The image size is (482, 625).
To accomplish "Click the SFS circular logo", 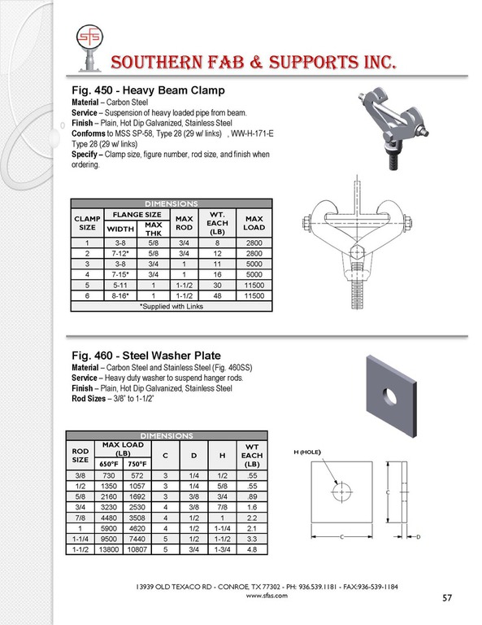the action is (x=89, y=37).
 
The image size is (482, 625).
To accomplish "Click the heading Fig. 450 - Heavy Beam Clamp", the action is (x=148, y=90).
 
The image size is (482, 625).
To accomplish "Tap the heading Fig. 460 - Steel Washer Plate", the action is (x=146, y=355).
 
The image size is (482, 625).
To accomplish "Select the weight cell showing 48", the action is (x=217, y=295).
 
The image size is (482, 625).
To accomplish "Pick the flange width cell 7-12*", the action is (x=120, y=253).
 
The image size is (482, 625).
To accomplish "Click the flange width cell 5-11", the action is (x=120, y=285).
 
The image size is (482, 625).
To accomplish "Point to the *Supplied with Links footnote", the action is (x=172, y=306).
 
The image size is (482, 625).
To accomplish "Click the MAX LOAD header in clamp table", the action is (x=254, y=223).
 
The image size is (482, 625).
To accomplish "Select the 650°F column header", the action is (x=109, y=464).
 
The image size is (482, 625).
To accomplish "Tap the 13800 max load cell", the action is (x=109, y=549).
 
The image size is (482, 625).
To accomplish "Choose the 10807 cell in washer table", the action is (x=137, y=549).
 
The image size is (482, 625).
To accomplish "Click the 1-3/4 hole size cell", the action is (x=222, y=549).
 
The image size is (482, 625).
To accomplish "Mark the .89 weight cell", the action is (x=251, y=496).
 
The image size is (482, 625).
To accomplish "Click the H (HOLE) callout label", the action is (x=307, y=452).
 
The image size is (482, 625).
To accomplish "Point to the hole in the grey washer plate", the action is (x=389, y=395).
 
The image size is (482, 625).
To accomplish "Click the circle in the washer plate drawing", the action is (x=342, y=492).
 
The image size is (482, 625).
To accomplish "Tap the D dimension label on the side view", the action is (x=419, y=537).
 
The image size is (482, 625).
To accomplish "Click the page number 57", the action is (x=447, y=597).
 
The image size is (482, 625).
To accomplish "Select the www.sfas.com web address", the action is (x=267, y=596).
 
